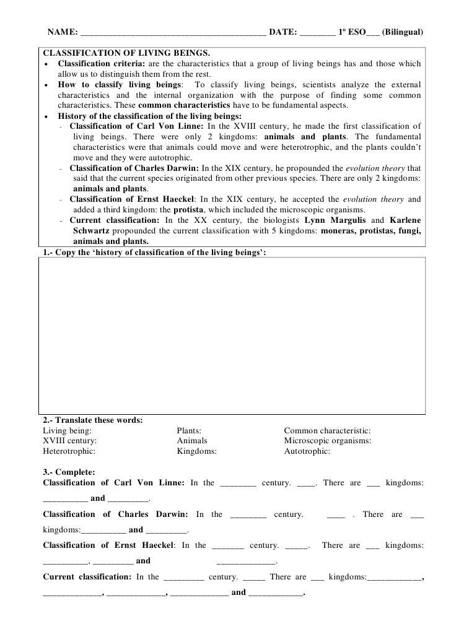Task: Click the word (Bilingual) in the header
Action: click(x=403, y=31)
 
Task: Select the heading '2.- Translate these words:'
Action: click(x=92, y=420)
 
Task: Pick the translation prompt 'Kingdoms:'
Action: click(x=196, y=451)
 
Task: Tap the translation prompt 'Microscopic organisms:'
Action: click(x=328, y=441)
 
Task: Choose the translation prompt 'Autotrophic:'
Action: click(x=307, y=451)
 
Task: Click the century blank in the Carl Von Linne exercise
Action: click(x=238, y=483)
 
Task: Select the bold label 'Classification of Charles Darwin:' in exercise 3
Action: click(x=115, y=514)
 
